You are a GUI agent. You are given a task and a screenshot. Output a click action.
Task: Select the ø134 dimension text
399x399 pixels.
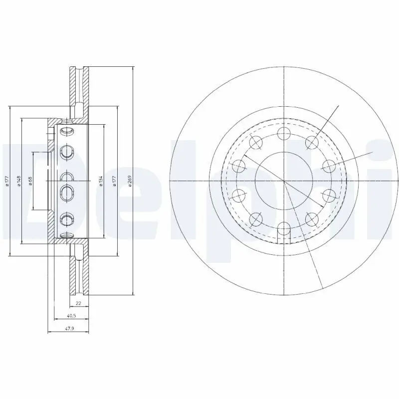(101, 181)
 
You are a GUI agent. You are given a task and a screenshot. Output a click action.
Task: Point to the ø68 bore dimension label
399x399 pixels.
(30, 181)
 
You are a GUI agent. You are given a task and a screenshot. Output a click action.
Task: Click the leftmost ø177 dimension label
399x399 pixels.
(7, 181)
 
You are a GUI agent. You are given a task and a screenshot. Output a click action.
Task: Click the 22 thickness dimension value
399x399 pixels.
(78, 303)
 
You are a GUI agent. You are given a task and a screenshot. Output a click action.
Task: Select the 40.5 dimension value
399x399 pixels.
(72, 316)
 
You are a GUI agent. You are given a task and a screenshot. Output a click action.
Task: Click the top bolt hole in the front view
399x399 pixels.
(283, 133)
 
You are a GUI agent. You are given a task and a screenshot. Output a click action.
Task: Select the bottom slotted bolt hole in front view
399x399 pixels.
(283, 229)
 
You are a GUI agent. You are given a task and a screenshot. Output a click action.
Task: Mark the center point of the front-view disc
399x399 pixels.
(283, 181)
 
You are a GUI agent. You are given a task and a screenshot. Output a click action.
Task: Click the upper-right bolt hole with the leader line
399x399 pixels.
(312, 143)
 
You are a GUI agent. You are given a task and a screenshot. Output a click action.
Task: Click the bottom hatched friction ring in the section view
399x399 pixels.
(78, 272)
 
